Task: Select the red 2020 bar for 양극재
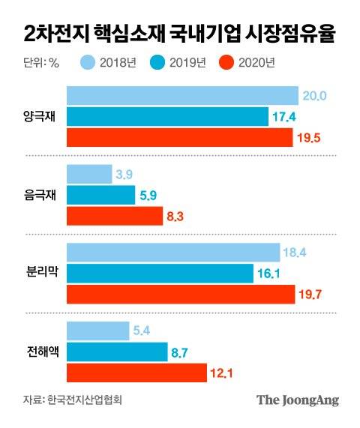coord(180,138)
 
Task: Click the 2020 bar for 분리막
coord(181,295)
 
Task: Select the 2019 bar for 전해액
coord(117,351)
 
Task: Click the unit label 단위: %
coord(36,63)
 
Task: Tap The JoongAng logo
coord(298,400)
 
